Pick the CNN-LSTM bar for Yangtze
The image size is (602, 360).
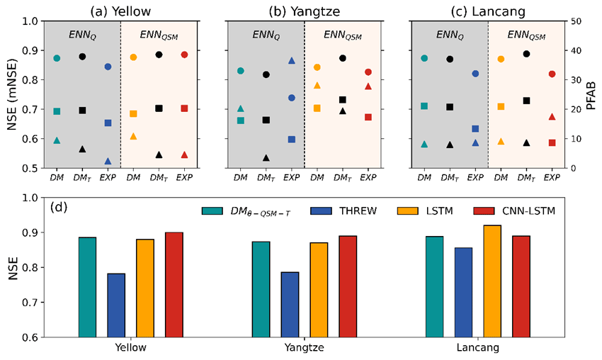click(348, 286)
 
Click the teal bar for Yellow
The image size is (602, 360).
click(87, 287)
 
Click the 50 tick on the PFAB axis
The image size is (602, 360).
click(576, 21)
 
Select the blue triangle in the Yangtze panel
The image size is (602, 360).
click(291, 61)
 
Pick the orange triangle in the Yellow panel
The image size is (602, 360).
click(133, 136)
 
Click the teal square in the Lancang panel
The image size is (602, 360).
click(424, 106)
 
